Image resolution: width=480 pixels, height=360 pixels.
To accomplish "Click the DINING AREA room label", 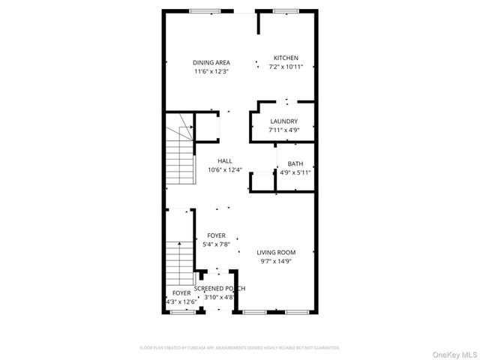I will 211,62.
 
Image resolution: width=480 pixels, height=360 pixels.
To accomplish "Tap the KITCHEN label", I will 286,58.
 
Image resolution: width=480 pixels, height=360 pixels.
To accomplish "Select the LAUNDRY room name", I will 283,121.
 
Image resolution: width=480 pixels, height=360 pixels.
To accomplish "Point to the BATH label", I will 295,163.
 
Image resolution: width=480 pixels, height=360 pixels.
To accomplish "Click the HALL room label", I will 225,160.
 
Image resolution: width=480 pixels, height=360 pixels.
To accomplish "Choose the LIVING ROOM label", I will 276,252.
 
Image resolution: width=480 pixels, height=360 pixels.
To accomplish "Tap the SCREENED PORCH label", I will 220,288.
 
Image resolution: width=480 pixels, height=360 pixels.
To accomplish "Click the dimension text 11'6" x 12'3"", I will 211,71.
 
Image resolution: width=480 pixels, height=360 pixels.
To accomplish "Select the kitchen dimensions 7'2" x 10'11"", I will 286,67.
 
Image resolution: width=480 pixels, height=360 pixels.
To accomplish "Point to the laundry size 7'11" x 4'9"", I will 283,130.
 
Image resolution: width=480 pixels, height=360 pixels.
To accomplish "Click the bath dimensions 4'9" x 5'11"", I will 295,172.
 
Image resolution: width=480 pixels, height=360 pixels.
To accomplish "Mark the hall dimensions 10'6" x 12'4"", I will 225,169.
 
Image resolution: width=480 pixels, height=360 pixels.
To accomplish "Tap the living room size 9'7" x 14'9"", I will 276,261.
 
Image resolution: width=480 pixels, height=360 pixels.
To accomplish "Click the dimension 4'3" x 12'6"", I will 181,301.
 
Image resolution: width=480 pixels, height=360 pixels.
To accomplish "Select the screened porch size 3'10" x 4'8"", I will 219,297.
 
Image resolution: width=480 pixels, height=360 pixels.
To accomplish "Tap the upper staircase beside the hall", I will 181,157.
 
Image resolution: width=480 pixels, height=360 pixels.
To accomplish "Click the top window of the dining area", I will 199,10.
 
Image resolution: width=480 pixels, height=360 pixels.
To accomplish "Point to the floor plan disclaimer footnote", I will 240,348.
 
